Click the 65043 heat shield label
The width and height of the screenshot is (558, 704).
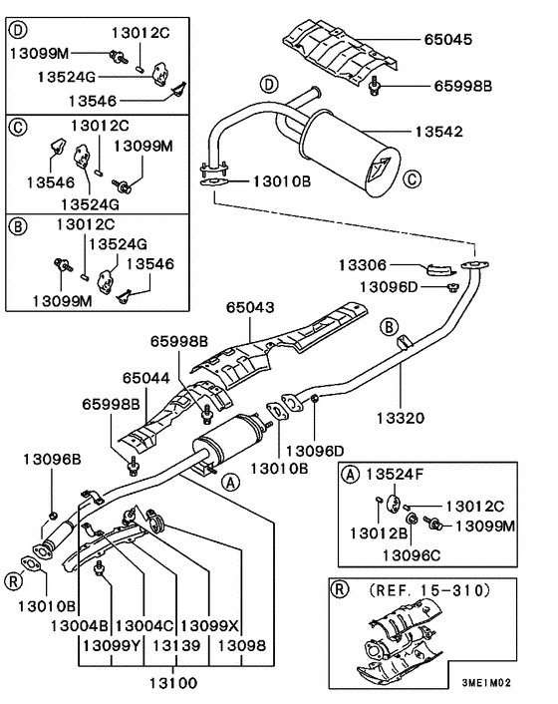pyautogui.click(x=251, y=310)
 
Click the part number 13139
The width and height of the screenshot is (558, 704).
pyautogui.click(x=177, y=646)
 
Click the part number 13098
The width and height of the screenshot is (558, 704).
pyautogui.click(x=241, y=646)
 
